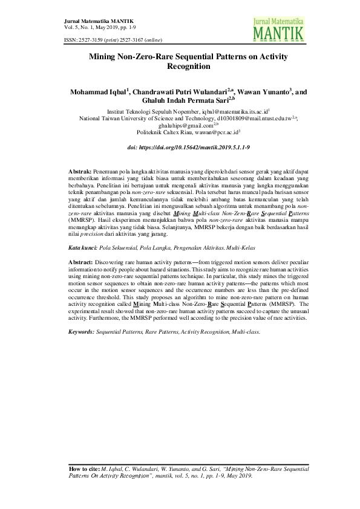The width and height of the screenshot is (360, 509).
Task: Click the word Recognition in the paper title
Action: pos(180,68)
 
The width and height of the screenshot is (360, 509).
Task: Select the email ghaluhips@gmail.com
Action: pos(176,125)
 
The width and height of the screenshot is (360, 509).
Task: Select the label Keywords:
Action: pos(82,332)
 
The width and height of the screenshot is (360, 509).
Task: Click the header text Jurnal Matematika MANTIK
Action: pos(93,21)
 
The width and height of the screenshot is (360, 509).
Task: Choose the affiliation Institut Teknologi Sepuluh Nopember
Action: pos(148,112)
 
